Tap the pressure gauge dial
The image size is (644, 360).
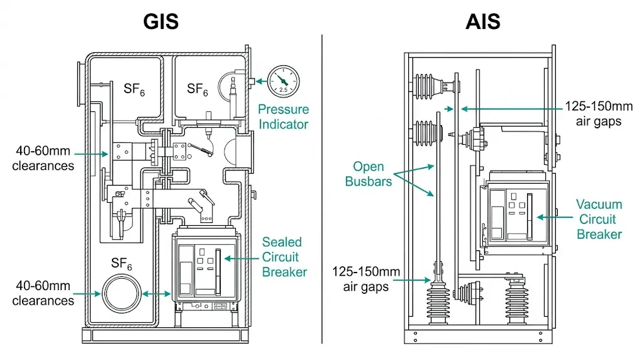coord(283,81)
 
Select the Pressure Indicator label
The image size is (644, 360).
coord(283,116)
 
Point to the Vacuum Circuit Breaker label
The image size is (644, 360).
coord(599,219)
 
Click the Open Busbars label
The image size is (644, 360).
coord(369,174)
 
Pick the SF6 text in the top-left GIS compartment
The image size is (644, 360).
coord(134,89)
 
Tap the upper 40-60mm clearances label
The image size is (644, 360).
coord(43,159)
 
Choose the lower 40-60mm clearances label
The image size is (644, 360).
coord(43,293)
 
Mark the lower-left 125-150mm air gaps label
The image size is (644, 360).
coord(366,279)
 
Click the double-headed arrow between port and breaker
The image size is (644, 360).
coord(156,294)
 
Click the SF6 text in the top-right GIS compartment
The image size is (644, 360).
coord(197,89)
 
